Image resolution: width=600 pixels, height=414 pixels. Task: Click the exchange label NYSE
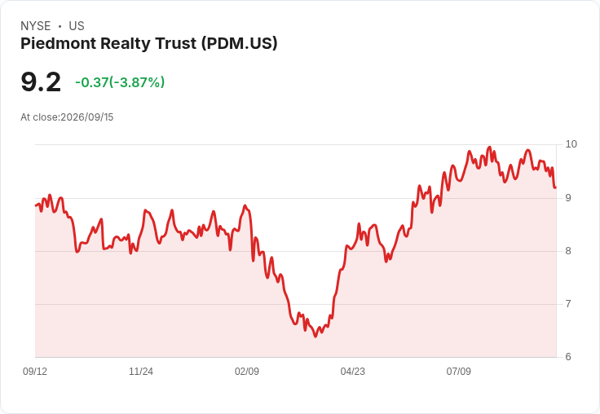click(x=36, y=26)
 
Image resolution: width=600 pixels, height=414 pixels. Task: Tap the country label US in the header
click(x=77, y=26)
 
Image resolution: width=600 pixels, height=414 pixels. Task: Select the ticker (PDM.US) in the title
click(x=240, y=43)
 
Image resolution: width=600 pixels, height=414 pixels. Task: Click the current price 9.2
click(x=41, y=81)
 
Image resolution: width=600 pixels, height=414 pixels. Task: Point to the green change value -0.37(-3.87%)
click(x=120, y=82)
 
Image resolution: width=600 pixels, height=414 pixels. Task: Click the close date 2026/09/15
click(x=87, y=117)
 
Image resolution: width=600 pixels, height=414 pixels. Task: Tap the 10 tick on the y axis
click(x=571, y=144)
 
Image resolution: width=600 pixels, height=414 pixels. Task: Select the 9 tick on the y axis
click(x=568, y=198)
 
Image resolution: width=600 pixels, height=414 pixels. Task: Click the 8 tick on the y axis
click(x=568, y=251)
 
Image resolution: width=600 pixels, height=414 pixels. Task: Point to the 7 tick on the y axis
click(x=568, y=304)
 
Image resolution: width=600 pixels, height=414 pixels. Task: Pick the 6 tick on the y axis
click(x=568, y=357)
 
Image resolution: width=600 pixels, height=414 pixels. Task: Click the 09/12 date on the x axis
click(x=35, y=371)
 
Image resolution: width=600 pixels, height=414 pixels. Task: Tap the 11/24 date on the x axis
click(x=141, y=371)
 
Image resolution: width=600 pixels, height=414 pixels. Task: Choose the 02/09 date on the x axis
click(x=247, y=371)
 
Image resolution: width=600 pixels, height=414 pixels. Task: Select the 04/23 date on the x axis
click(x=353, y=371)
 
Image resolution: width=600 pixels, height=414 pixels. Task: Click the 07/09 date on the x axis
click(x=459, y=371)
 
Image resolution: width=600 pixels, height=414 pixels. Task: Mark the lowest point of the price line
click(x=315, y=337)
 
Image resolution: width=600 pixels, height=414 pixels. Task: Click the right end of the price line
click(x=555, y=187)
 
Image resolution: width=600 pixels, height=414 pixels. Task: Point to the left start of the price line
click(x=36, y=206)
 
